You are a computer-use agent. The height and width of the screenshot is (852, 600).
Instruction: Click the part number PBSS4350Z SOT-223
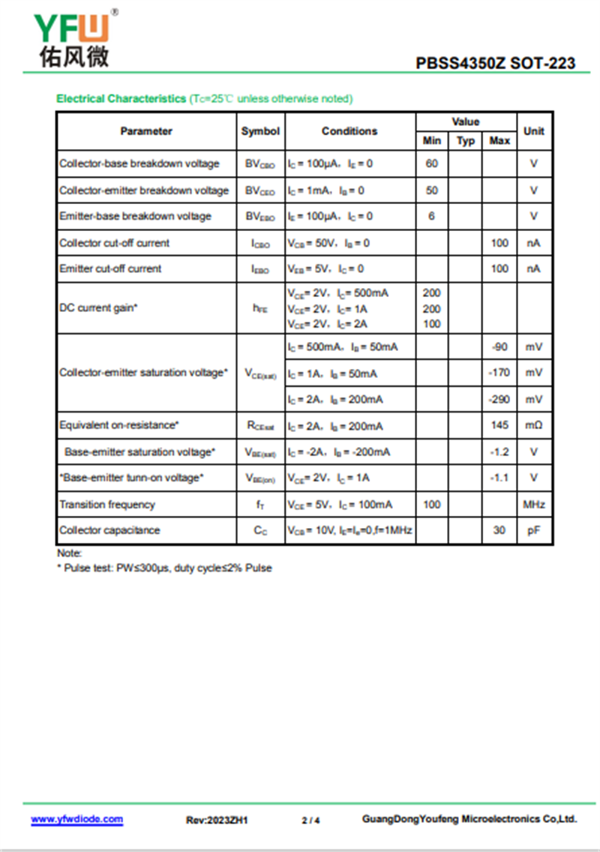(496, 63)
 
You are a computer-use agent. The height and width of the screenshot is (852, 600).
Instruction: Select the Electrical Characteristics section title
(121, 98)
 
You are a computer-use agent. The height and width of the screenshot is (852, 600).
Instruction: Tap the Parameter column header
(146, 131)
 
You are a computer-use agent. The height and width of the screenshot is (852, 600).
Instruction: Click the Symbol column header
(260, 131)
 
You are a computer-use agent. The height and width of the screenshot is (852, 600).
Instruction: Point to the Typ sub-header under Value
(466, 140)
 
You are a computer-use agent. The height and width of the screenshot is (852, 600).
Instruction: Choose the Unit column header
(534, 131)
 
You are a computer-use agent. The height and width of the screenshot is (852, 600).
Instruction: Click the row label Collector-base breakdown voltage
(139, 163)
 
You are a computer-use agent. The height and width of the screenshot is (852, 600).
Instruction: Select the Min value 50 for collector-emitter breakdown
(432, 190)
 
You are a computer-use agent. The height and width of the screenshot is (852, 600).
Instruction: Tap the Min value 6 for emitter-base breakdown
(432, 216)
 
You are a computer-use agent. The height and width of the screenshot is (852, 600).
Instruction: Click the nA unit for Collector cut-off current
(534, 243)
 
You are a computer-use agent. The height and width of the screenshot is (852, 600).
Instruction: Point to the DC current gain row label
(98, 308)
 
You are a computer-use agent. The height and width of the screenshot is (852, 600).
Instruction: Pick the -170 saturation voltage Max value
(499, 373)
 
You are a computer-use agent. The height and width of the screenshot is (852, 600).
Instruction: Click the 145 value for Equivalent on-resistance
(499, 425)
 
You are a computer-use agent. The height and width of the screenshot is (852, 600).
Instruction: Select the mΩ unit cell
(534, 425)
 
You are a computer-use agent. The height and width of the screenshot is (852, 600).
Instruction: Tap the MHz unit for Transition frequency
(534, 505)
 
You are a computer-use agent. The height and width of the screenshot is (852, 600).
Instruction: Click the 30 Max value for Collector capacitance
(499, 530)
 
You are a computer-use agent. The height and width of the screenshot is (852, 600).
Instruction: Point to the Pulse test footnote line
(164, 568)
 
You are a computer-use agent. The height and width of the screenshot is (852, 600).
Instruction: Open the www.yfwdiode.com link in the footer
(76, 820)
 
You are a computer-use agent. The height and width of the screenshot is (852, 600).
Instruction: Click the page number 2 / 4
(310, 820)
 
